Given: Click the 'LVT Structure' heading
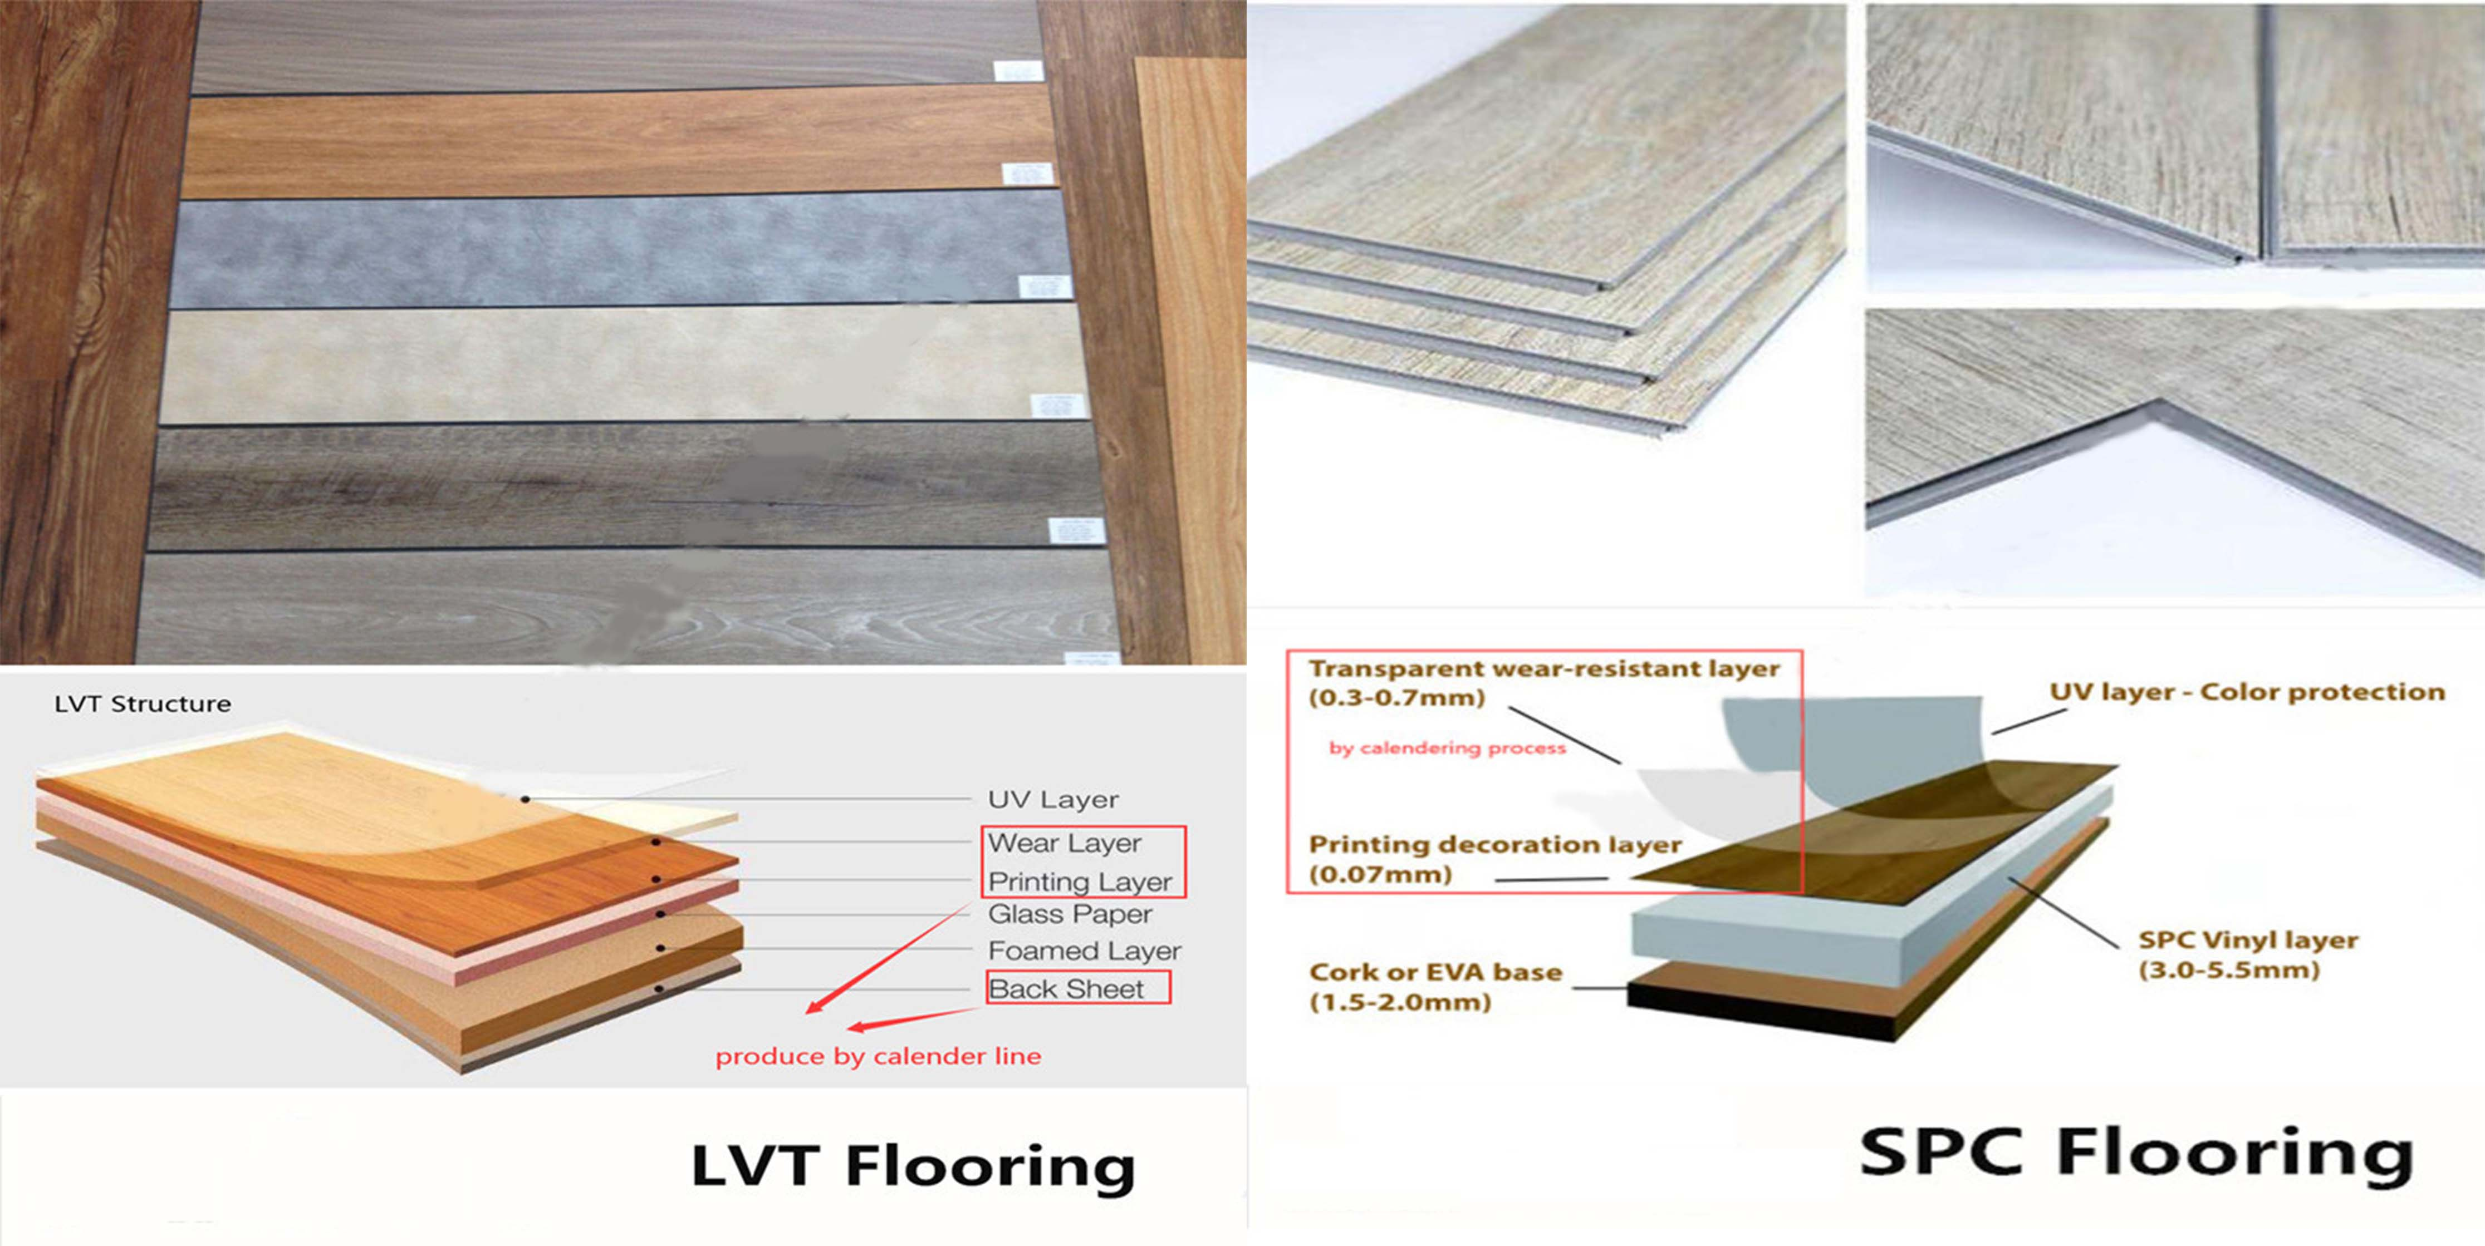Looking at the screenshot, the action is click(143, 704).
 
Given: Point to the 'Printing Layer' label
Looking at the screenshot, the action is click(1080, 881).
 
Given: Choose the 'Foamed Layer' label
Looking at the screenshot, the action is click(1084, 951).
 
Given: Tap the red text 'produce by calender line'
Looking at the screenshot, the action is click(878, 1057).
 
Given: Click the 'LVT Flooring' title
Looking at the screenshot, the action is click(913, 1167).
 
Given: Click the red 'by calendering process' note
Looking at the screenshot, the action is click(1447, 747).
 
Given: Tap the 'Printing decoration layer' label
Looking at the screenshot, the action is click(1495, 845).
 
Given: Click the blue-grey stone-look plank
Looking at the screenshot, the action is click(617, 249).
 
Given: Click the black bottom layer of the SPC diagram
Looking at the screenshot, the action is click(1756, 1011).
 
